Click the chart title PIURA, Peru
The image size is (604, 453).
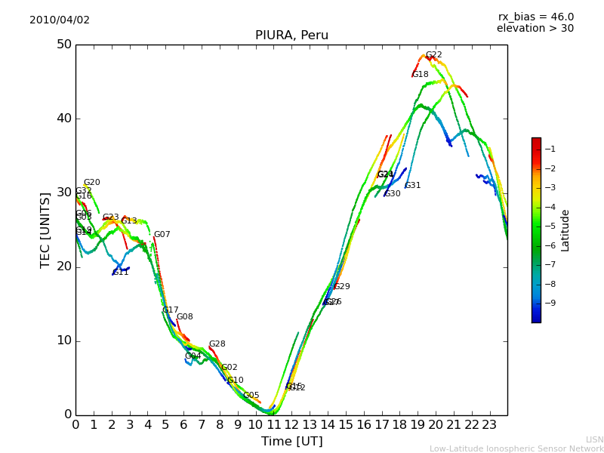(291, 35)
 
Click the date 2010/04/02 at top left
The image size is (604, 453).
(60, 20)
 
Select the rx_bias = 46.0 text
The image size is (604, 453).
(535, 17)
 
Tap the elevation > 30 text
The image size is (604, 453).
(535, 29)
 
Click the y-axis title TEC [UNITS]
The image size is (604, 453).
(45, 230)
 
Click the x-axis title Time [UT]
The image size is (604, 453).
(291, 442)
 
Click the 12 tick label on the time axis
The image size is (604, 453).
(291, 425)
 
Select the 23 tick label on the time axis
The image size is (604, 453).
(489, 425)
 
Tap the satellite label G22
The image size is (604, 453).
(433, 55)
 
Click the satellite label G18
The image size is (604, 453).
(420, 75)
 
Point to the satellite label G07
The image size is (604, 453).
(162, 235)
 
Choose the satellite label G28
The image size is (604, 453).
(217, 344)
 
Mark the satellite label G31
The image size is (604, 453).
(412, 186)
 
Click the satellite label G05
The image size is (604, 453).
(251, 396)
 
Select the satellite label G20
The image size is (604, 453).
(91, 183)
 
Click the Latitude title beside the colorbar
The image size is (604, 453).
(565, 230)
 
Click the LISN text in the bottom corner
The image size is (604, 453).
(594, 439)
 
